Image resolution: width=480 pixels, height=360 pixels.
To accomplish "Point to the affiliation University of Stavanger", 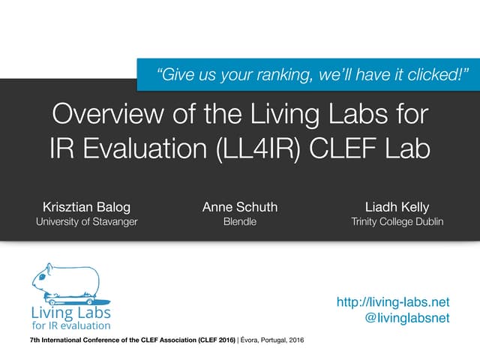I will tap(86, 222).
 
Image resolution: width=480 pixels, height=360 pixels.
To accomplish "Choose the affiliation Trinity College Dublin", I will tap(397, 222).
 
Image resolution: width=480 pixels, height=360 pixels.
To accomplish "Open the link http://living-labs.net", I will tap(394, 302).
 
